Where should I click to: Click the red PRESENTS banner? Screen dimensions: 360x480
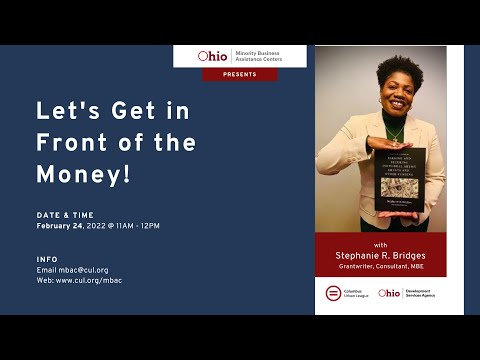pos(240,74)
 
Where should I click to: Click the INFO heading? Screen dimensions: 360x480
pos(47,258)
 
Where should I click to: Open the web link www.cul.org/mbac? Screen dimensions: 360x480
pos(93,280)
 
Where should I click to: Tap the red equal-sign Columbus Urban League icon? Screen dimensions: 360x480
pos(333,293)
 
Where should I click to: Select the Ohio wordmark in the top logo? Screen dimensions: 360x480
pos(212,57)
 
